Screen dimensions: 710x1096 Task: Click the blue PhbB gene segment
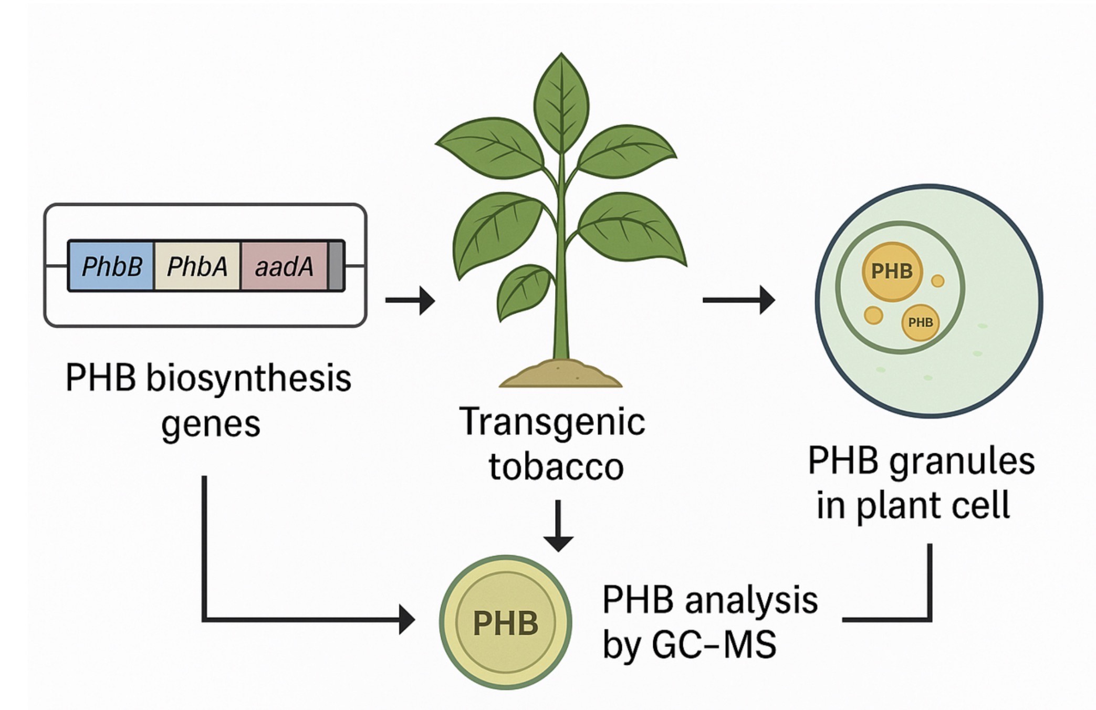pos(111,266)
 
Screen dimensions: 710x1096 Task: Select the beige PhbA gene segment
pos(197,266)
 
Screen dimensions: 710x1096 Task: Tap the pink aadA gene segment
pos(284,266)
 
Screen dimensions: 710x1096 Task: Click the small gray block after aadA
pos(336,266)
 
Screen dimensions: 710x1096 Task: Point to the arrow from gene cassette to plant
pos(410,300)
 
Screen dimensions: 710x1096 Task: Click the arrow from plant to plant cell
pos(738,300)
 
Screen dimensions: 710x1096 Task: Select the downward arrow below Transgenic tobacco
pos(558,525)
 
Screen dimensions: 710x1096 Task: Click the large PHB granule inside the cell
pos(892,272)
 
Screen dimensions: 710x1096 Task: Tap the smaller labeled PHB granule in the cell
pos(920,322)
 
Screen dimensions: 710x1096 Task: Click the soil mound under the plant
pos(560,374)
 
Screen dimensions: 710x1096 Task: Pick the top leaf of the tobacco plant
pos(561,102)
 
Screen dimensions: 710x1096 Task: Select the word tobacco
pos(556,466)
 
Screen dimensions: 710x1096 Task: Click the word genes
pos(211,423)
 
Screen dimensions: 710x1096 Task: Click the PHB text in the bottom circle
pos(505,623)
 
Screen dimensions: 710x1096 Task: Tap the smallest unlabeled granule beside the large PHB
pos(937,281)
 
